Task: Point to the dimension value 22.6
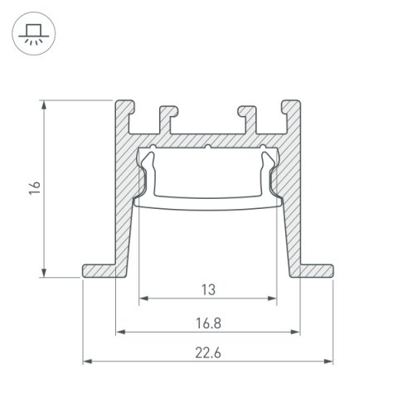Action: click(207, 352)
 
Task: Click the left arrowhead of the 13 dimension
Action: click(143, 297)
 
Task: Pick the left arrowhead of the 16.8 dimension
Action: click(119, 331)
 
